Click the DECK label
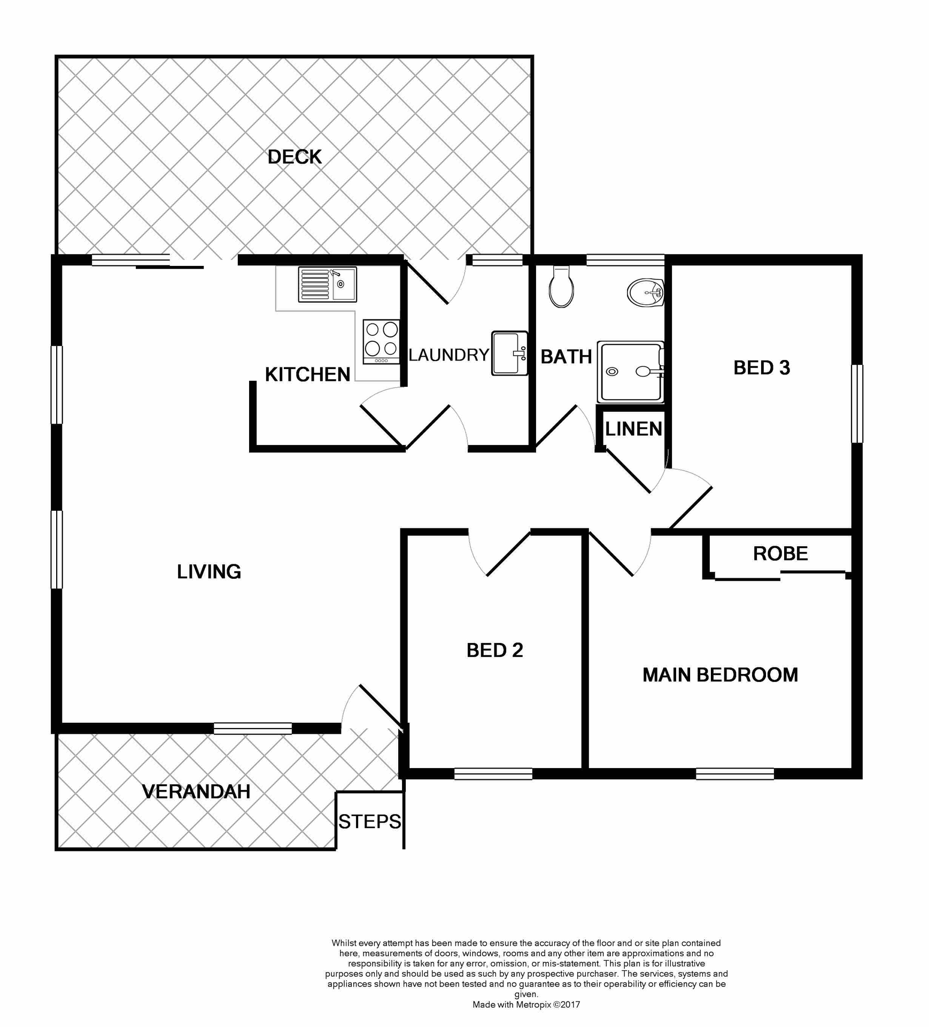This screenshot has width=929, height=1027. click(295, 157)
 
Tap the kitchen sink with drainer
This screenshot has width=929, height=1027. click(327, 285)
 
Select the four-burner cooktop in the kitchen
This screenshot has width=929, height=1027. click(381, 341)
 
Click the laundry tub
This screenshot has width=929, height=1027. click(509, 353)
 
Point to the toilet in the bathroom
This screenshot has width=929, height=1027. click(561, 288)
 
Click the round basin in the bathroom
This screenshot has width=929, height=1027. click(646, 293)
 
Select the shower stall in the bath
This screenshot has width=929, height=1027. click(631, 372)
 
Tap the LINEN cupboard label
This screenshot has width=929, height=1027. click(633, 429)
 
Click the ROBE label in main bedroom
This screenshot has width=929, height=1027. click(780, 554)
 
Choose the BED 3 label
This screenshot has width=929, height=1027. click(761, 368)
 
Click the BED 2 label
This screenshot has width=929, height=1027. click(494, 650)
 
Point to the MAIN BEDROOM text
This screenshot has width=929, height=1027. click(720, 675)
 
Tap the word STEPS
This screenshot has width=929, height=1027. click(369, 822)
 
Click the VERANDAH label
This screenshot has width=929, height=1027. click(196, 792)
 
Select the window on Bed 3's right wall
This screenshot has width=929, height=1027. click(856, 404)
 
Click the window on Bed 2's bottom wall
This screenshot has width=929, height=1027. click(493, 773)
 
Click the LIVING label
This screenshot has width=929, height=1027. click(209, 572)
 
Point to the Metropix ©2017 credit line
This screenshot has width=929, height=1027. click(526, 1005)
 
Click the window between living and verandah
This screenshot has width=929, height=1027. click(252, 728)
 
